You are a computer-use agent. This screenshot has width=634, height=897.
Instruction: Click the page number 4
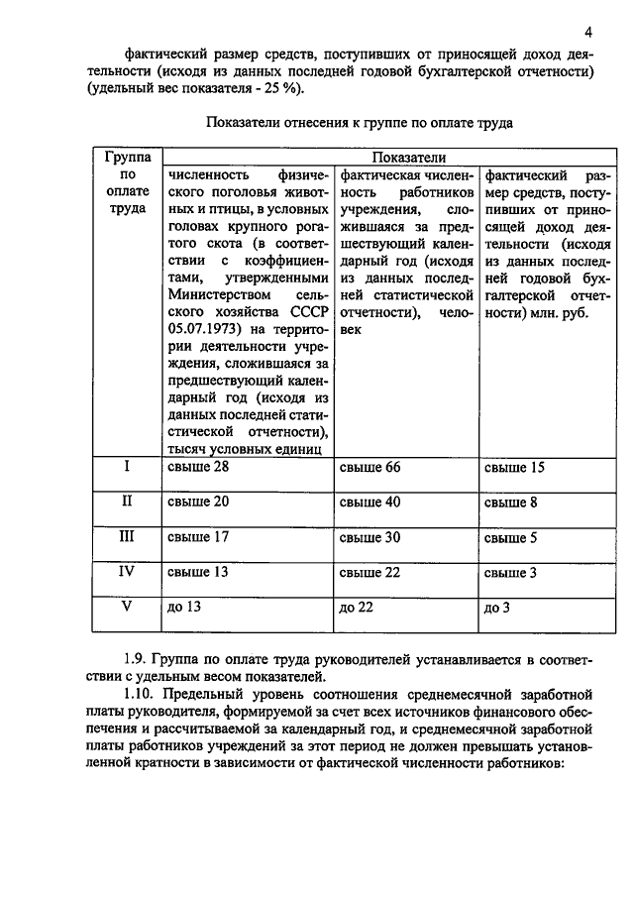pyautogui.click(x=588, y=30)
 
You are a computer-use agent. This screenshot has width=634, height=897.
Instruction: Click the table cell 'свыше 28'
pyautogui.click(x=198, y=468)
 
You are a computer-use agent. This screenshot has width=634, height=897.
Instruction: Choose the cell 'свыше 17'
pyautogui.click(x=198, y=538)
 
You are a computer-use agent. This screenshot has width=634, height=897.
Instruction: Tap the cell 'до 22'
pyautogui.click(x=356, y=608)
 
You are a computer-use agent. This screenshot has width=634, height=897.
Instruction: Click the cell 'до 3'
pyautogui.click(x=496, y=608)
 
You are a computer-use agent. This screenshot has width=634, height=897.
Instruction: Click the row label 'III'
pyautogui.click(x=126, y=536)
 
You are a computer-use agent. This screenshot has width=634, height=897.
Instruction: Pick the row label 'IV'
pyautogui.click(x=126, y=571)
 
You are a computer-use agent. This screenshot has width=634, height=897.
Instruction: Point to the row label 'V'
pyautogui.click(x=126, y=606)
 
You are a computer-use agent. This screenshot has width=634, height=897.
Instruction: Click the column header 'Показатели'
pyautogui.click(x=408, y=158)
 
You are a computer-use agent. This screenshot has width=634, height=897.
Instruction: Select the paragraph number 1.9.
pyautogui.click(x=138, y=658)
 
